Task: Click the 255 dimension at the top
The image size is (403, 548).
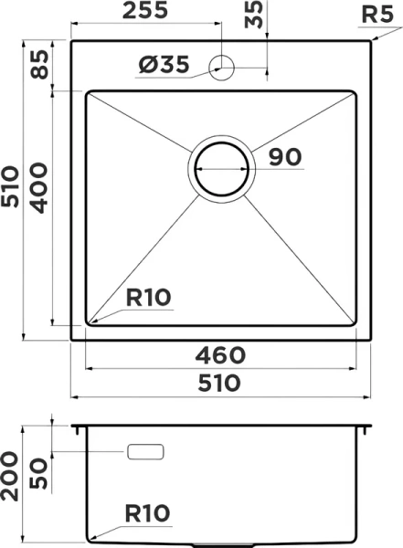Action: click(x=146, y=12)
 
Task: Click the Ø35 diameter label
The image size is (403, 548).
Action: click(x=164, y=65)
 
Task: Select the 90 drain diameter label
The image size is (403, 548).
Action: click(x=285, y=157)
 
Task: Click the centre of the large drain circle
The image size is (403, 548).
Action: click(x=220, y=170)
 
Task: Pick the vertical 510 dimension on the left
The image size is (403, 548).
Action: click(x=12, y=190)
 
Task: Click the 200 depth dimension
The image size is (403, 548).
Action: click(x=12, y=478)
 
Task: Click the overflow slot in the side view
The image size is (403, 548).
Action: click(x=146, y=452)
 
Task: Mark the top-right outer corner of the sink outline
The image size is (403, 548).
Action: click(x=368, y=39)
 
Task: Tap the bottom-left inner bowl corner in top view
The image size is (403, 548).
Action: click(x=90, y=322)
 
